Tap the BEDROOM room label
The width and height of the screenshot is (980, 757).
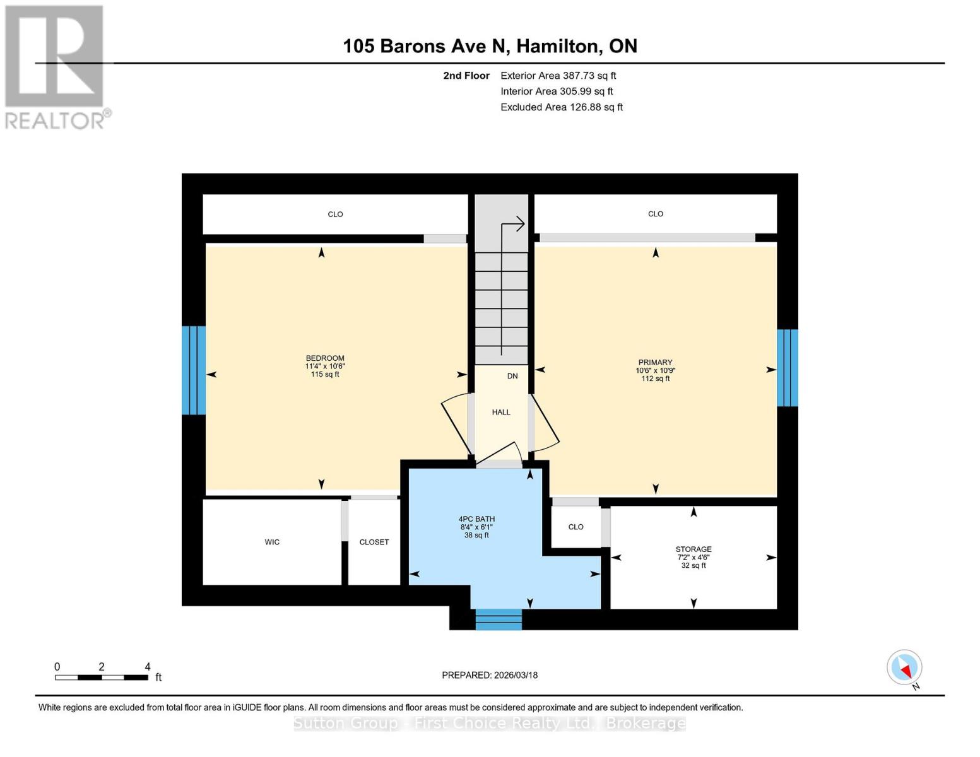[325, 358]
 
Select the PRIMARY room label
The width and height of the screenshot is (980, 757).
[655, 363]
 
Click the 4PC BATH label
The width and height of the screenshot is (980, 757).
[476, 519]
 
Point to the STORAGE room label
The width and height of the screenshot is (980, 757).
[694, 549]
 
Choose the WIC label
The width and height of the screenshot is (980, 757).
[272, 542]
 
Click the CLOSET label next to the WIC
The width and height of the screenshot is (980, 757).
[374, 542]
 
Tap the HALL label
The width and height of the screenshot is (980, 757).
[501, 413]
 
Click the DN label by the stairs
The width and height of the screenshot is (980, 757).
[512, 376]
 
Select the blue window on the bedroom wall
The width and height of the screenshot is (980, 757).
[194, 370]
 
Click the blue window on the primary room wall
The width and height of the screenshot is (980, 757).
[787, 368]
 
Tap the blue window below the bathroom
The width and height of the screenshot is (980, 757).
[499, 619]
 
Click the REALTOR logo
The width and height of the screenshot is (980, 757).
[56, 67]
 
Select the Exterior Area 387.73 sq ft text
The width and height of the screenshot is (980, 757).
[558, 76]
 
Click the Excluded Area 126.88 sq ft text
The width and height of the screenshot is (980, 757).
[561, 107]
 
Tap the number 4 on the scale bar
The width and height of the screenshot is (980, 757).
[148, 667]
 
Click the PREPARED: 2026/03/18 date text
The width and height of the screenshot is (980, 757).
[490, 675]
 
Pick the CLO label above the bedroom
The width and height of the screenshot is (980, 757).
[335, 214]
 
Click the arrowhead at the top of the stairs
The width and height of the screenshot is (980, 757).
[521, 223]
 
